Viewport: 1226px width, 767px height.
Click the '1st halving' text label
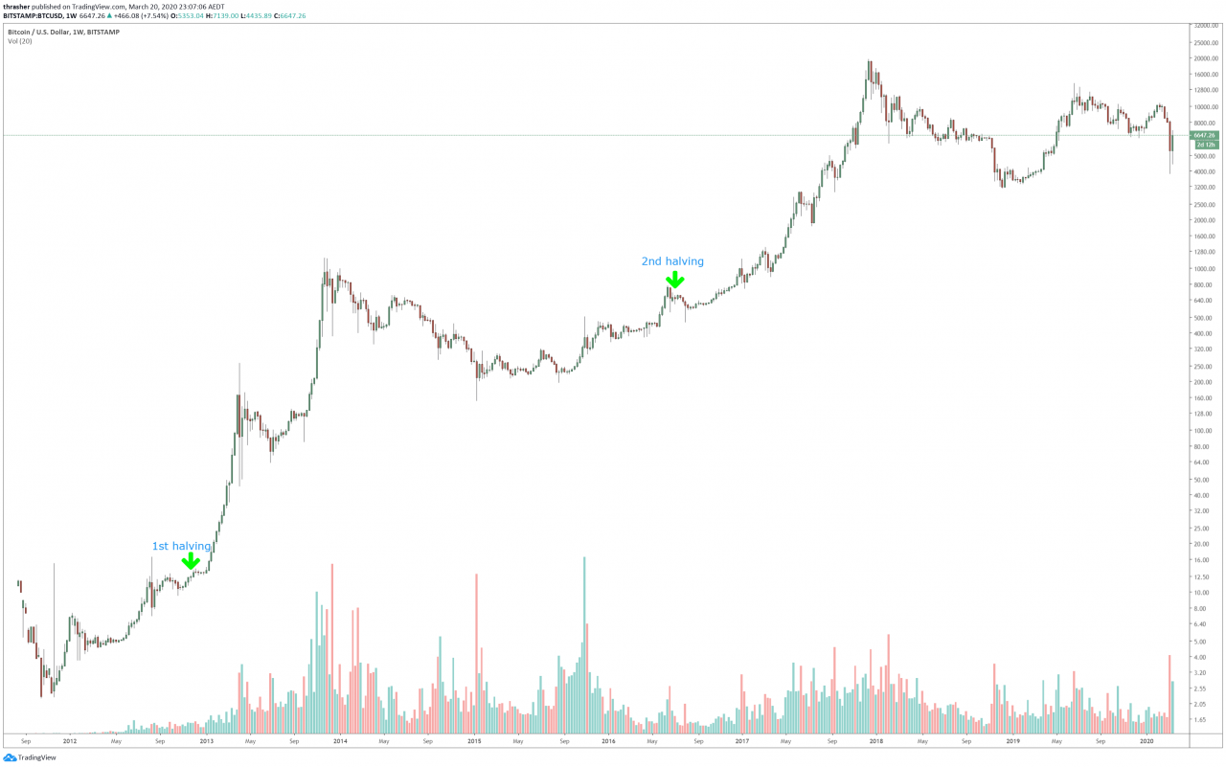[181, 546]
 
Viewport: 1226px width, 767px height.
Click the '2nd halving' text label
[672, 260]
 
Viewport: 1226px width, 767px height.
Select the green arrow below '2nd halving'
[675, 280]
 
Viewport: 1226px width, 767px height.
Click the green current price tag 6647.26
[1204, 135]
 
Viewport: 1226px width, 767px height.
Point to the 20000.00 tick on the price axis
[1204, 58]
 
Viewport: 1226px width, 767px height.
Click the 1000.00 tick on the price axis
[1202, 269]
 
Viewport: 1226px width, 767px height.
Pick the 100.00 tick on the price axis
[1201, 431]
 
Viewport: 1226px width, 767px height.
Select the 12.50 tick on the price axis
[1200, 576]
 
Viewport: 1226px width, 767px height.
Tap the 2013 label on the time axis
[205, 740]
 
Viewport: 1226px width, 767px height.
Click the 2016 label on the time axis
[608, 740]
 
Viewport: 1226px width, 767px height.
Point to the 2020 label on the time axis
[1146, 740]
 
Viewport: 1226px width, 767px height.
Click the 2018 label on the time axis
[876, 740]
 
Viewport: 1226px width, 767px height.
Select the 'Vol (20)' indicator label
[20, 41]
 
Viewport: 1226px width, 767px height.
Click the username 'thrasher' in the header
[17, 6]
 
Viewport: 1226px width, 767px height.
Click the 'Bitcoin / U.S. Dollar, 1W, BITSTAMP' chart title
[63, 32]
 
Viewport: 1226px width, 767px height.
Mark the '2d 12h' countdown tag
[1204, 145]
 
